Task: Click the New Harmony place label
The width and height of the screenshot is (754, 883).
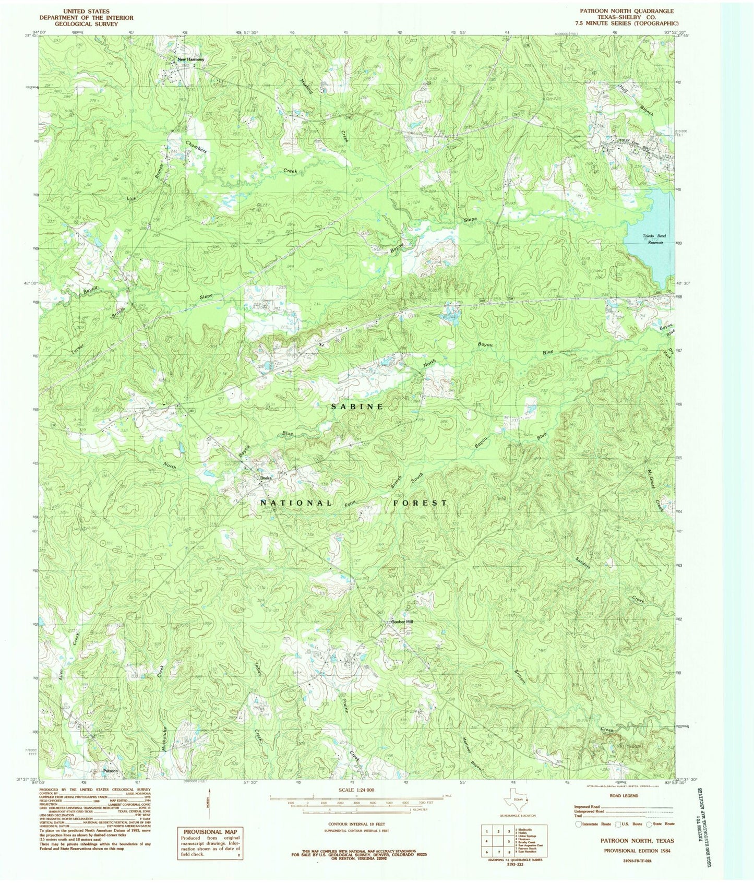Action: coord(191,59)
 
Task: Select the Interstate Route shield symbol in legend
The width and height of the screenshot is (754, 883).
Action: coord(578,824)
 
